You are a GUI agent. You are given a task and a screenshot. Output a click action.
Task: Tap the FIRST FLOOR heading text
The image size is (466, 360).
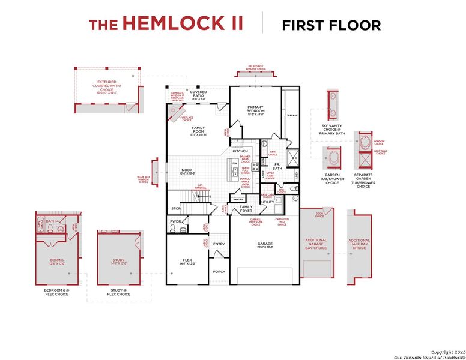pos(331,25)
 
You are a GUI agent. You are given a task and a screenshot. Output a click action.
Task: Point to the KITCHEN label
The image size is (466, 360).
pos(240,151)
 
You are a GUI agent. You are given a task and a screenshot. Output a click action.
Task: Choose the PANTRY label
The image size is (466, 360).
pos(238,199)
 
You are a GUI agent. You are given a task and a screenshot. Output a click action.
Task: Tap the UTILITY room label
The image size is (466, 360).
pos(267,202)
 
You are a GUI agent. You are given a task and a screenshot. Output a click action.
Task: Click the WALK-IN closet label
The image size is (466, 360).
pos(292,115)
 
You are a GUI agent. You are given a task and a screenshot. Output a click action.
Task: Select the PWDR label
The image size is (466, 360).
pos(175,221)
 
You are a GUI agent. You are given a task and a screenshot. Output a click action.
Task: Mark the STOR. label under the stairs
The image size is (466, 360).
pos(176,209)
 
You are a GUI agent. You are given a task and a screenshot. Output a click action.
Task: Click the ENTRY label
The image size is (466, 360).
pos(219,244)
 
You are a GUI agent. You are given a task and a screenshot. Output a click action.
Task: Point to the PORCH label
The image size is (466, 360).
pos(219,271)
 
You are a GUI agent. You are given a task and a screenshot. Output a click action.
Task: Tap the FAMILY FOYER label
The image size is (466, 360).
pos(246,209)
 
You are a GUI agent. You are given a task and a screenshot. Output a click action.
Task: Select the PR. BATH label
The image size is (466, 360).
pos(277,167)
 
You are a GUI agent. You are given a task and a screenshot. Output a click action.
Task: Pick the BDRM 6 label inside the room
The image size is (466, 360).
pos(56,260)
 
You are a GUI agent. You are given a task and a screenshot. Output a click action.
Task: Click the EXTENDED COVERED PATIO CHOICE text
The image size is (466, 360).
pos(106,87)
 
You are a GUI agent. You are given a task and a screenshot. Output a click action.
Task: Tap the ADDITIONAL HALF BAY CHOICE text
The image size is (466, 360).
pos(359,244)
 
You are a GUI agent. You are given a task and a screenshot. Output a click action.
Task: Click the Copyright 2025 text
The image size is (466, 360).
pos(447,351)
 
